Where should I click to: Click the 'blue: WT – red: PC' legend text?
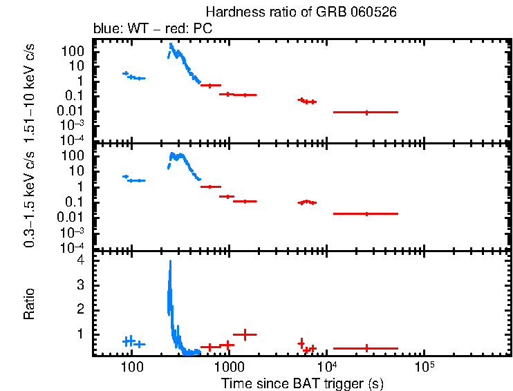point(153,29)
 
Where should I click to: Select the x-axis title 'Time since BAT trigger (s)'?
point(302,383)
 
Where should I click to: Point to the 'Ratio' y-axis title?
point(30,304)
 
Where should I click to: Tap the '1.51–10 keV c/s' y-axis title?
point(30,90)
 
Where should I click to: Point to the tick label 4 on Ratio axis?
point(80,260)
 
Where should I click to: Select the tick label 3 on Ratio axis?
point(80,285)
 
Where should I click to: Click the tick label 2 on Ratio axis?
point(80,309)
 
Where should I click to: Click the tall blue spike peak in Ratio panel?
point(170,262)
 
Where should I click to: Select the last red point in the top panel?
point(366,112)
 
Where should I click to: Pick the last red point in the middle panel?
point(366,214)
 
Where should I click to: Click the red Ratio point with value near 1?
point(245,334)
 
